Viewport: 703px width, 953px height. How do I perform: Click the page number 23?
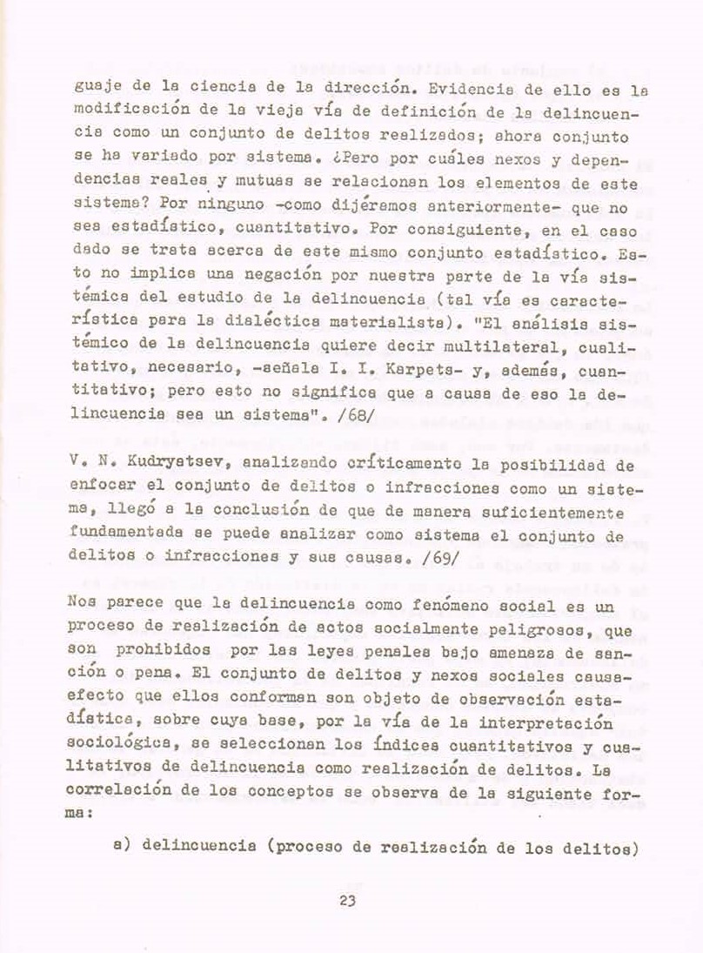[x=349, y=900]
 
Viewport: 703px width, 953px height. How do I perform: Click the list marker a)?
[x=121, y=846]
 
